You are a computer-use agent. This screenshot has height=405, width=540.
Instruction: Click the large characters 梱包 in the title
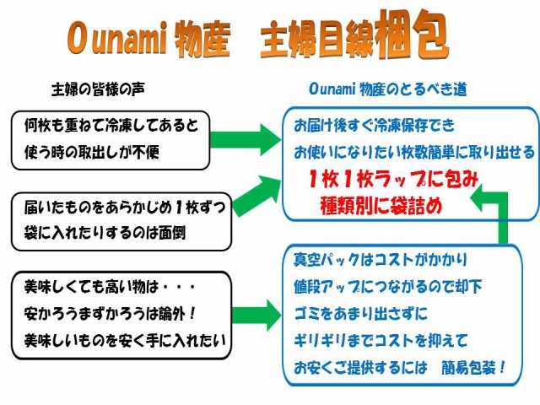click(x=413, y=34)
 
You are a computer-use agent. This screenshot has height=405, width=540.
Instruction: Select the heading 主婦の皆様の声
click(x=98, y=89)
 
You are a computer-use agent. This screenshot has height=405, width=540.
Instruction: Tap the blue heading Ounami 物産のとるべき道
click(x=388, y=89)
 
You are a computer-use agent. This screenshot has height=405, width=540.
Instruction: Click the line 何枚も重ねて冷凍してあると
click(x=111, y=125)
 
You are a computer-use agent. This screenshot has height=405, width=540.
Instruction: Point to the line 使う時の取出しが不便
click(x=92, y=152)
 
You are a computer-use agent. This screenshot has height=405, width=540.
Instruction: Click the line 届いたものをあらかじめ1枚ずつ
click(x=125, y=207)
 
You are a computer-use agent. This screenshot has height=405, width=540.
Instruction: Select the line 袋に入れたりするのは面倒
click(x=105, y=233)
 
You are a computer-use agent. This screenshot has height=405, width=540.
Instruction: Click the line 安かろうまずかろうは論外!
click(x=111, y=314)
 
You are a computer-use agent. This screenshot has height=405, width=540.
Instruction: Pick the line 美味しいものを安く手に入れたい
click(x=125, y=340)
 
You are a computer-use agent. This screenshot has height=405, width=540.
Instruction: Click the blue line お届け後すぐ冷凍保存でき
click(x=374, y=126)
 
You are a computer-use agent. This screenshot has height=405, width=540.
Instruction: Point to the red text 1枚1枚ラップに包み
click(x=394, y=179)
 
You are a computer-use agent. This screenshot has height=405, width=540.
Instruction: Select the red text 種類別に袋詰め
click(x=381, y=206)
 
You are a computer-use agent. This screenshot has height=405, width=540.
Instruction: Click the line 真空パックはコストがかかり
click(x=381, y=260)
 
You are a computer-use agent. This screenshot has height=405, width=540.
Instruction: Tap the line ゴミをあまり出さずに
click(x=360, y=313)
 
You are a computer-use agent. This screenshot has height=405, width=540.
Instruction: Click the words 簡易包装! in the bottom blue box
click(x=473, y=368)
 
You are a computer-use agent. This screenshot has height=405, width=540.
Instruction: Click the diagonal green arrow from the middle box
click(x=256, y=197)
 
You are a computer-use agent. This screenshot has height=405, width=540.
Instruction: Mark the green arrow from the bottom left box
click(x=256, y=315)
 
